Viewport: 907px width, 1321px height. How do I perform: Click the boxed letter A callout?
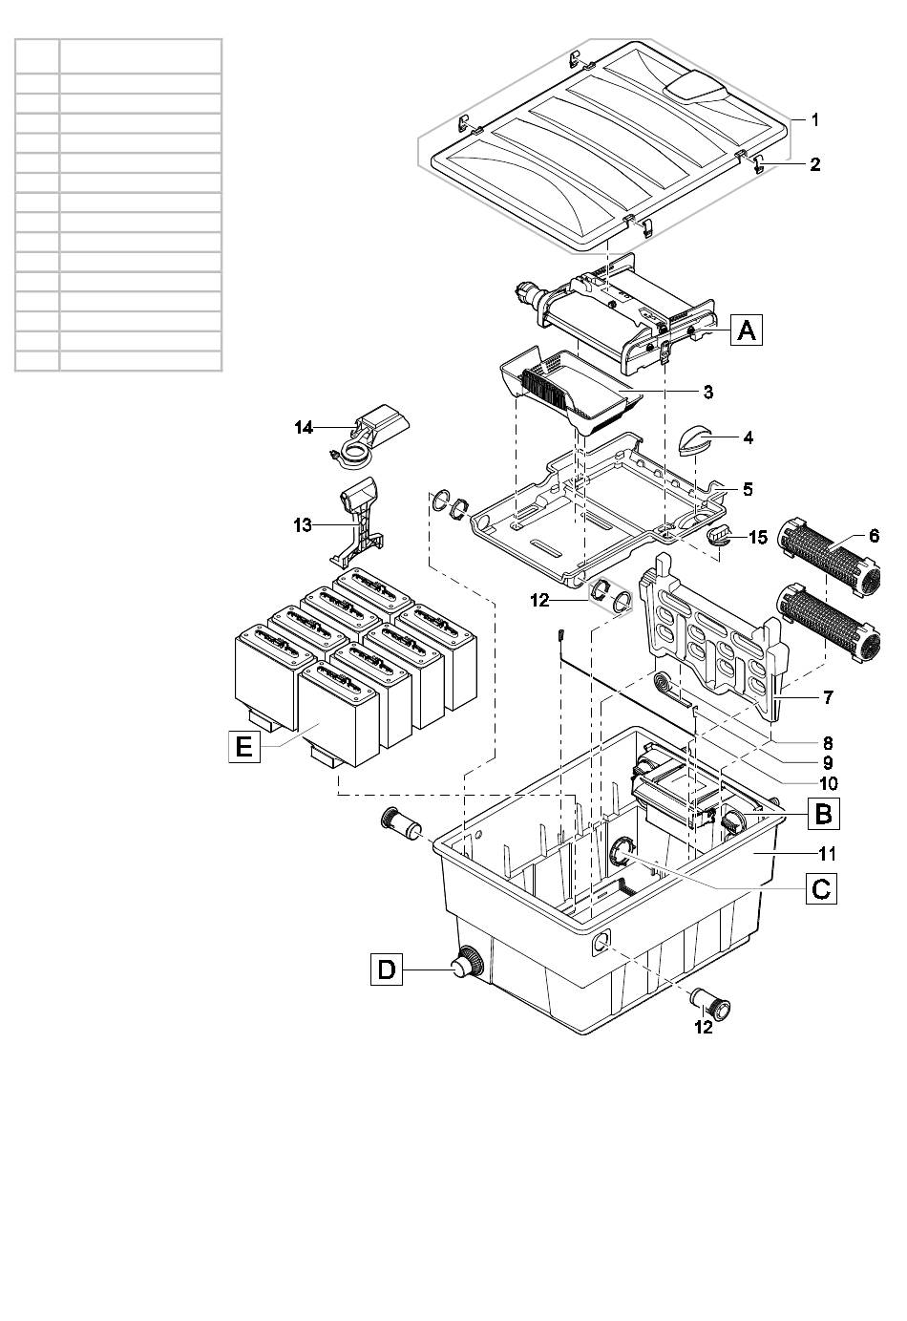[747, 330]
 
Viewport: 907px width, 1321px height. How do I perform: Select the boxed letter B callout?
[823, 814]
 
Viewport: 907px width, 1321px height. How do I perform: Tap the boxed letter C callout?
[821, 888]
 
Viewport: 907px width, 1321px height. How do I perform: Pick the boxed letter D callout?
[387, 969]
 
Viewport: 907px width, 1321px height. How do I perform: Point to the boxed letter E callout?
[244, 747]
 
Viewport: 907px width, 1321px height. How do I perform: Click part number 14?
[305, 428]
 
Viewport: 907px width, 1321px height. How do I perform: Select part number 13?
[303, 524]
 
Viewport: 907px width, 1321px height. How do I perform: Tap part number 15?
[758, 537]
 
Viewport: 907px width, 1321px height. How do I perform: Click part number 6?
[874, 536]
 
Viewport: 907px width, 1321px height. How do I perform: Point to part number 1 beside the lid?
[815, 119]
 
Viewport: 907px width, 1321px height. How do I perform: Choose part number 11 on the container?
[826, 853]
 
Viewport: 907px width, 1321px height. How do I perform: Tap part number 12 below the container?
[704, 1027]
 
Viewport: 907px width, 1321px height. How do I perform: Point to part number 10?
[828, 783]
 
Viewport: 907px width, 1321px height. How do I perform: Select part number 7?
[828, 697]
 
